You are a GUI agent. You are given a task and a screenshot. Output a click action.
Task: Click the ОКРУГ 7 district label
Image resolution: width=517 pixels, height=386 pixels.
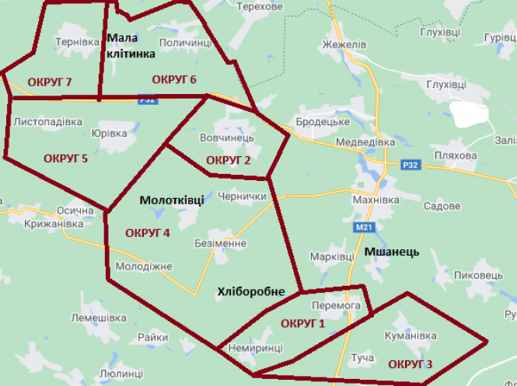tap(50, 82)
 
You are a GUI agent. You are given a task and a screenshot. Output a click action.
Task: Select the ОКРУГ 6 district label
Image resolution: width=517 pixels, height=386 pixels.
tap(174, 79)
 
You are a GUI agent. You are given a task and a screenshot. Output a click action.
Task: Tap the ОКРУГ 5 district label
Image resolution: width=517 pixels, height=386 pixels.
tap(65, 158)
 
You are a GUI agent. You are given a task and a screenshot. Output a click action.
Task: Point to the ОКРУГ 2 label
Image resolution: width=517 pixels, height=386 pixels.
tap(229, 160)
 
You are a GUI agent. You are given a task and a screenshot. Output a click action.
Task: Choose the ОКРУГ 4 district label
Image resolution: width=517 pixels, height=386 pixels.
tap(148, 232)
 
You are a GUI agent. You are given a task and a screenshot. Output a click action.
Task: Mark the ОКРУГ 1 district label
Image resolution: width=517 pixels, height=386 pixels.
tap(303, 323)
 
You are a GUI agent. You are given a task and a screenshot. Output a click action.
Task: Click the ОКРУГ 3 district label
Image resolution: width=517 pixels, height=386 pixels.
tap(410, 363)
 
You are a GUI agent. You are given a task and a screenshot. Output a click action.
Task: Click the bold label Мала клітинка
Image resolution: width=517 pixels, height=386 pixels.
tap(130, 46)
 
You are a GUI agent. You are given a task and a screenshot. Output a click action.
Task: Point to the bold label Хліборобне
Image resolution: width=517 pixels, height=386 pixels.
tap(251, 291)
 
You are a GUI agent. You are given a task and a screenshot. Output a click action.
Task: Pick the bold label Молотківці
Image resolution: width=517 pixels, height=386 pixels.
tap(172, 200)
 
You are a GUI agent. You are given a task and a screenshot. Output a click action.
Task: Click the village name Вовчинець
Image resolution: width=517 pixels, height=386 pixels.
tap(227, 137)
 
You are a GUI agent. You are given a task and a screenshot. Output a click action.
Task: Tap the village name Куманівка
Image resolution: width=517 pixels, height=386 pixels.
tap(410, 336)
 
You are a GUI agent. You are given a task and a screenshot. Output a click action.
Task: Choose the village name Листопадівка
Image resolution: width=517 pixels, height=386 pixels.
tap(48, 122)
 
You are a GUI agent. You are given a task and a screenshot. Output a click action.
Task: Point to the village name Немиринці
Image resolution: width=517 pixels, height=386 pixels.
tap(256, 349)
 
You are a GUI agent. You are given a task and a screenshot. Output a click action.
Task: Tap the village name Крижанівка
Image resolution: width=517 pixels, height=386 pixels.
tap(31, 224)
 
